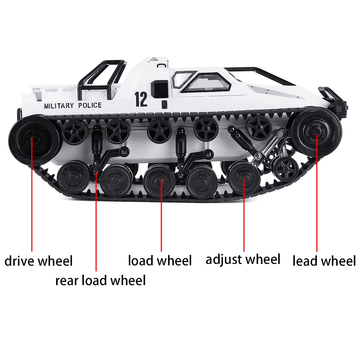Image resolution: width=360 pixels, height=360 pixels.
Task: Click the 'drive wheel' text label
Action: (x=39, y=261)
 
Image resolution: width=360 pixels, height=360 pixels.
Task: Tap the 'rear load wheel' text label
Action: (x=100, y=280)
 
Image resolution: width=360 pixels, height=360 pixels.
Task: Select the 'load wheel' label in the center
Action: (x=160, y=260)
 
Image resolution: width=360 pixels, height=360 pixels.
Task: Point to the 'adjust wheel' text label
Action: (x=243, y=259)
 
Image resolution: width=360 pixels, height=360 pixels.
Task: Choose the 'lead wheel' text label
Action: (x=324, y=261)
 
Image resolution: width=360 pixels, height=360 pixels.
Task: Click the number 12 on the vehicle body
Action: (x=141, y=99)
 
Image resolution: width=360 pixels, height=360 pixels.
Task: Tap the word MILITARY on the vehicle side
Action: (x=59, y=105)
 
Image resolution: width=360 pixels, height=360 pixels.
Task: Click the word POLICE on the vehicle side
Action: (x=89, y=105)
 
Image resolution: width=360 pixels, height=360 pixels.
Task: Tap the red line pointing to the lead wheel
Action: (x=317, y=194)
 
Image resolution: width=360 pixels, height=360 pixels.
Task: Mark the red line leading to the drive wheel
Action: (x=32, y=194)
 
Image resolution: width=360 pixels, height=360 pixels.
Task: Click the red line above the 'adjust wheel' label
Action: (x=244, y=216)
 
